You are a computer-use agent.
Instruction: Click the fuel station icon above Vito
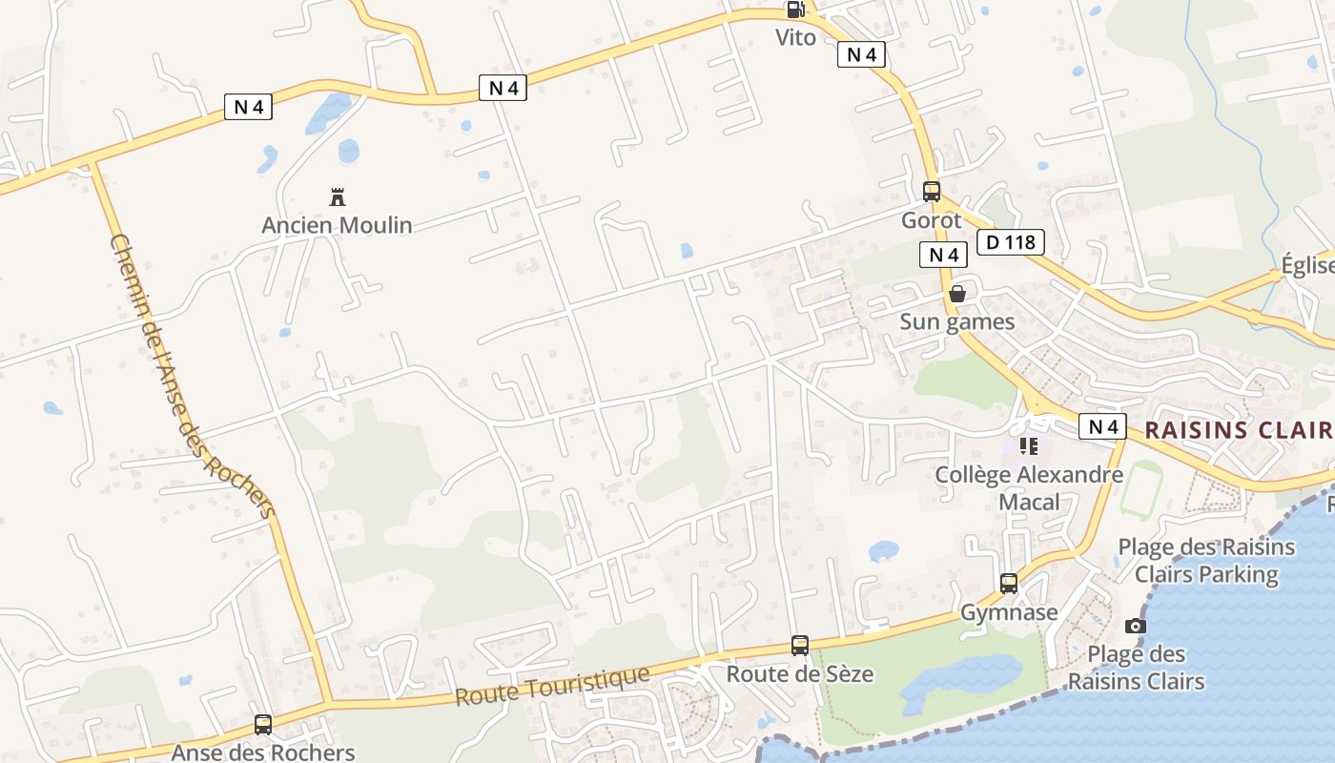tap(794, 10)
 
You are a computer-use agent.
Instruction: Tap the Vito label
tap(795, 37)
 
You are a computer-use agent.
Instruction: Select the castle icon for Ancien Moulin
tap(337, 197)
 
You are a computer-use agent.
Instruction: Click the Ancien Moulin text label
tap(337, 225)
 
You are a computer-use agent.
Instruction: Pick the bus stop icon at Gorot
tap(932, 191)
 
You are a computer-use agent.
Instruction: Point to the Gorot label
tap(932, 220)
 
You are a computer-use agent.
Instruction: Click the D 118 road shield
tap(1011, 242)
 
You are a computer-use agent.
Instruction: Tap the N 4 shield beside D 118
tap(943, 255)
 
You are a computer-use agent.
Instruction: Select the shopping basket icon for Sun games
tap(957, 294)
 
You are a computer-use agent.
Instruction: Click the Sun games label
tap(957, 321)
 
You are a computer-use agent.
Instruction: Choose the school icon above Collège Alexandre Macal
tap(1029, 445)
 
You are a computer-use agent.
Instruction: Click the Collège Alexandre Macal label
tap(1029, 487)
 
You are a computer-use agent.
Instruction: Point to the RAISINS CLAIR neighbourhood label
tap(1238, 429)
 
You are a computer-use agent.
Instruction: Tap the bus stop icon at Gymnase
tap(1009, 584)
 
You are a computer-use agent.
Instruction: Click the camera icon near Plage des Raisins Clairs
tap(1136, 626)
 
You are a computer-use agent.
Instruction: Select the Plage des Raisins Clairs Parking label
tap(1206, 561)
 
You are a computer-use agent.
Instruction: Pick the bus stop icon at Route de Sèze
tap(800, 646)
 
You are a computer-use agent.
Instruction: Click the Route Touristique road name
tap(552, 686)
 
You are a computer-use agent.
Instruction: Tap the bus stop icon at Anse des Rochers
tap(263, 725)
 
